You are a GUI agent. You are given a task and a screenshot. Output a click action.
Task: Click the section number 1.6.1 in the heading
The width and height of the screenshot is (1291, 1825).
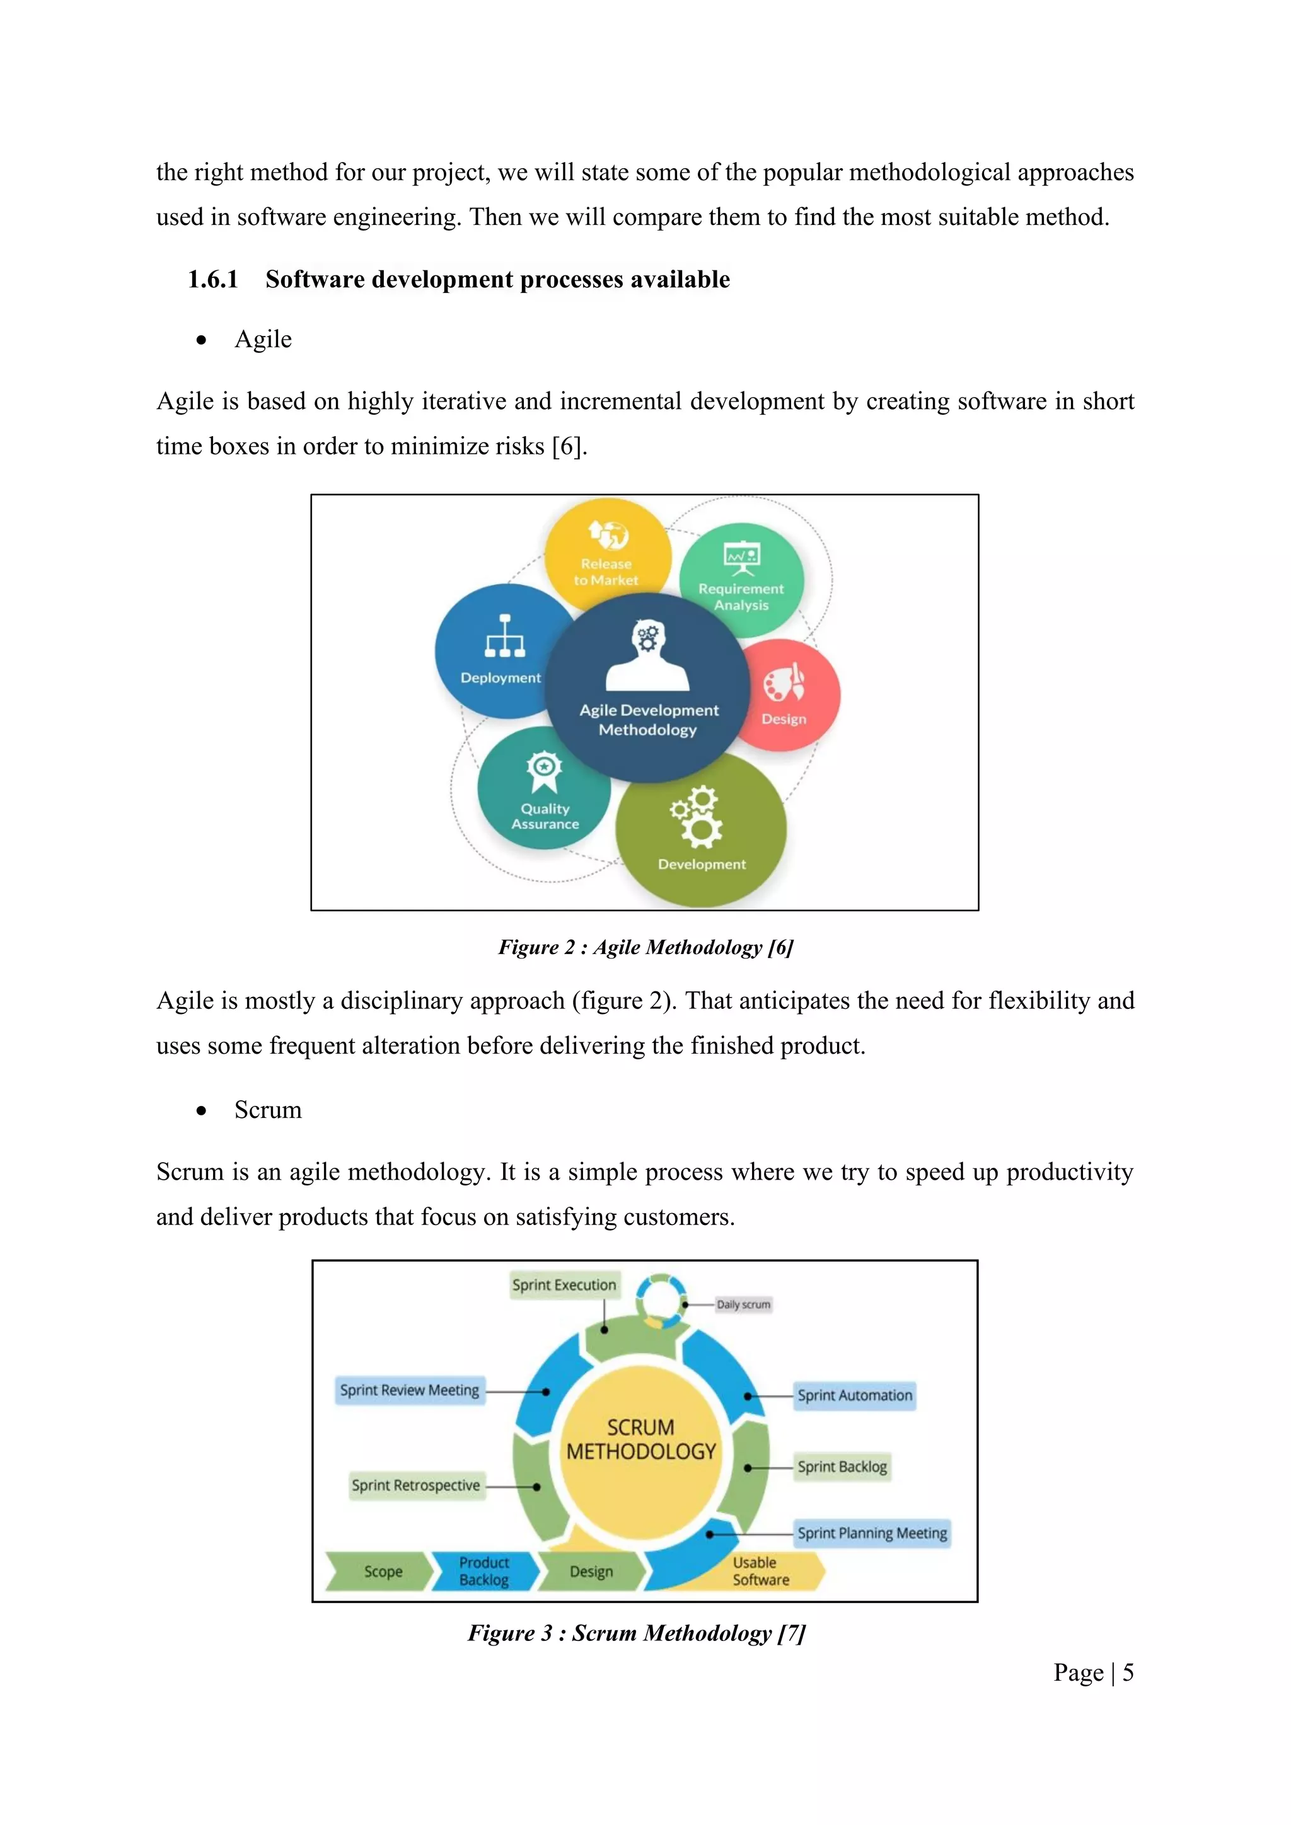tap(212, 279)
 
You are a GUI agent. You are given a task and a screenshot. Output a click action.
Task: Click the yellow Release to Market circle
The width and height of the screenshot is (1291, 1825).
tap(606, 548)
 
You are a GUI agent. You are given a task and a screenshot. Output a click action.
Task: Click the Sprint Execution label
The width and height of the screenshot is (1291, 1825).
tap(564, 1284)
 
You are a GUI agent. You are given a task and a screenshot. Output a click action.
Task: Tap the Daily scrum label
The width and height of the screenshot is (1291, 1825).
tap(743, 1304)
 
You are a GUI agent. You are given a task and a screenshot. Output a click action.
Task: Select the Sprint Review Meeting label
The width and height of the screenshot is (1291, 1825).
tap(409, 1390)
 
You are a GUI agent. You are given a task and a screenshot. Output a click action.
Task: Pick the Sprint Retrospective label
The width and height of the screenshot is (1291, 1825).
tap(416, 1485)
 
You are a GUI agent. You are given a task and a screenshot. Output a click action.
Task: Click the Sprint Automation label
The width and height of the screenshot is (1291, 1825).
tap(855, 1395)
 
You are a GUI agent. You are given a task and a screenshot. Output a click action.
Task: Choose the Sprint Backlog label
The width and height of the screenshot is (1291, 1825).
tap(842, 1466)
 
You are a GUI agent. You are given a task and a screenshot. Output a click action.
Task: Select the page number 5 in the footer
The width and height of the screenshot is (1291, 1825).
tap(1127, 1672)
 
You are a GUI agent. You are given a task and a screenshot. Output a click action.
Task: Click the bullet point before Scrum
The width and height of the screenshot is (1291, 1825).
tap(202, 1110)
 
